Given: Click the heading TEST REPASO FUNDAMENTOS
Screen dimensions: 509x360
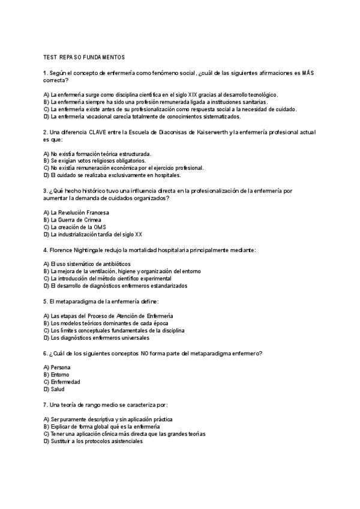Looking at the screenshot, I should [84, 57].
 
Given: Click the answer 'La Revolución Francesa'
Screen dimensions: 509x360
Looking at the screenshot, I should [76, 212].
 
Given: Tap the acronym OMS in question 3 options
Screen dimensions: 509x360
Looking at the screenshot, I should [100, 227].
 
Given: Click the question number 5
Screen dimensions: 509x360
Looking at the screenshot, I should [46, 301].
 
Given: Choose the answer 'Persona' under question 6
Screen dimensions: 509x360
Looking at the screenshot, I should [61, 367].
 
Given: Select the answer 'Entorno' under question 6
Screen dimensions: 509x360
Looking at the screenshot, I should [61, 375].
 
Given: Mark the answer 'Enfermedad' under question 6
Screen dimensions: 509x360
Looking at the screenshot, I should [65, 382].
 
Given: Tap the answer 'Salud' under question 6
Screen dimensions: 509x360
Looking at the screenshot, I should [58, 389].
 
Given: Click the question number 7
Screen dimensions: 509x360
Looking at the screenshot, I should [46, 404].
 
